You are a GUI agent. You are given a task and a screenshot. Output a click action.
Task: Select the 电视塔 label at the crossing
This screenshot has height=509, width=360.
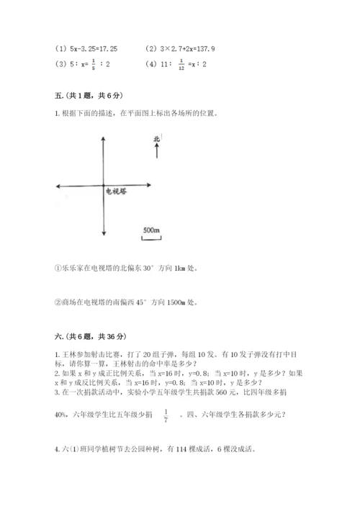pos(117,192)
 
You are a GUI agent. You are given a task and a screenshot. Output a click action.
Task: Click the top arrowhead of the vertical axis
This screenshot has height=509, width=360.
pos(105,138)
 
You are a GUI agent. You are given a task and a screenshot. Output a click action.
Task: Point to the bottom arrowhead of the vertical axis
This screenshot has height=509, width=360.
pos(105,232)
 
